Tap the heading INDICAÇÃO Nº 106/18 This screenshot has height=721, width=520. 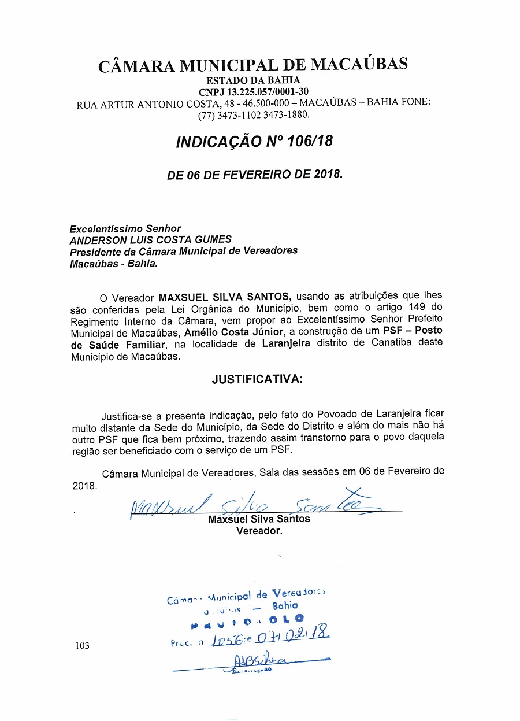(254, 141)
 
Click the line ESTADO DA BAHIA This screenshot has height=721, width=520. (254, 80)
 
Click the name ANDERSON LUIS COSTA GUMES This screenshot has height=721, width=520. (150, 239)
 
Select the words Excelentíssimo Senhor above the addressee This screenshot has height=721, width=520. (125, 228)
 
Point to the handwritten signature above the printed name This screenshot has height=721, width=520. (254, 505)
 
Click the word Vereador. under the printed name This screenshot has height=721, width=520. (259, 531)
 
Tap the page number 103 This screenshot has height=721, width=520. (82, 645)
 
